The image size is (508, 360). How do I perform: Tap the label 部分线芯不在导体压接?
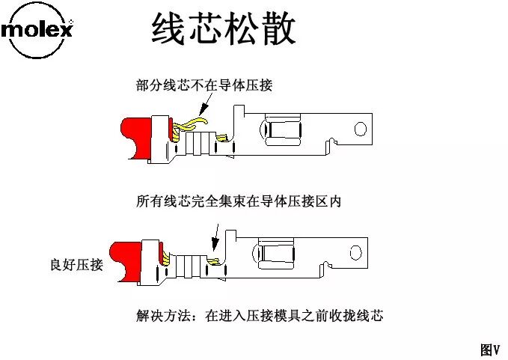click(x=204, y=85)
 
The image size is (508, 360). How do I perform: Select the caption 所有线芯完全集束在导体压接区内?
click(x=238, y=201)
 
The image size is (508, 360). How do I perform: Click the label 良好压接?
click(x=76, y=264)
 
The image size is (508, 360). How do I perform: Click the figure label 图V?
click(x=489, y=349)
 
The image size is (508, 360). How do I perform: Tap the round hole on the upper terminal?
click(x=361, y=129)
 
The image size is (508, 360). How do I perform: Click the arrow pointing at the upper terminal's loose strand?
click(x=206, y=105)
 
